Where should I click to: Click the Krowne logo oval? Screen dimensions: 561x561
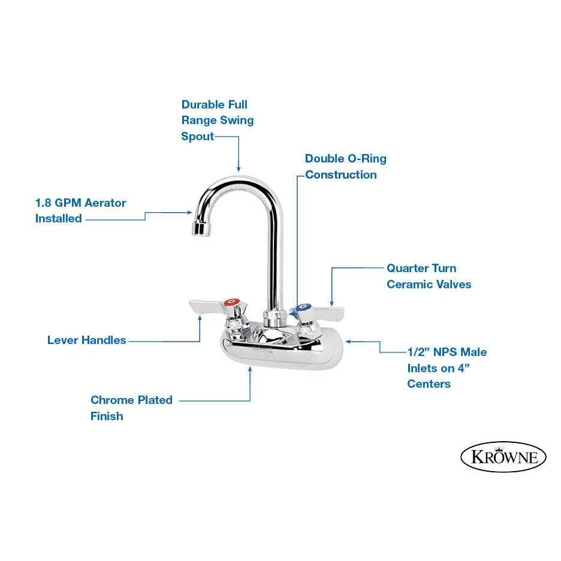503,457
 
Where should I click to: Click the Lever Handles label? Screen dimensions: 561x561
86,340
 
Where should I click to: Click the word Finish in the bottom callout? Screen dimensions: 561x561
107,416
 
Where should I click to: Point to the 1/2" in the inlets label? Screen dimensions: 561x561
418,352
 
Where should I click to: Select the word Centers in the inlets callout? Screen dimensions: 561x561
429,384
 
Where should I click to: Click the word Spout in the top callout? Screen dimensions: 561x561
197,136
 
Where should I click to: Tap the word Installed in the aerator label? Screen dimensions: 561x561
58,219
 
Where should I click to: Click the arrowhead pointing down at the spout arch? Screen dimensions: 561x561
239,170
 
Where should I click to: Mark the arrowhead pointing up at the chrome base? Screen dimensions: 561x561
250,371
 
